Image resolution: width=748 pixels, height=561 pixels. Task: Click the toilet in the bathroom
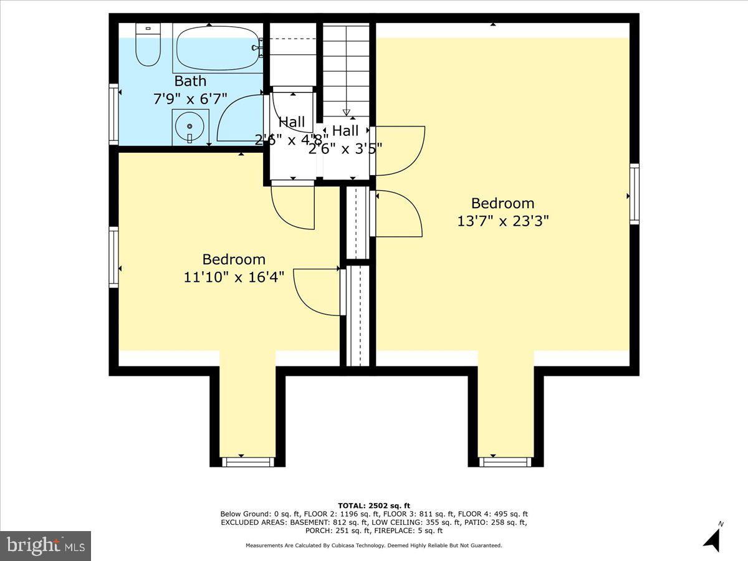148,46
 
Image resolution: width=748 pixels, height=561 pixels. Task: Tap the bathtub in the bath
217,48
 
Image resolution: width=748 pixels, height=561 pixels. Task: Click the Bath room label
190,81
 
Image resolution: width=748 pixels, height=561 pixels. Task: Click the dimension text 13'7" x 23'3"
503,221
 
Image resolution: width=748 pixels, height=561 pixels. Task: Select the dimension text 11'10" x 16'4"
234,277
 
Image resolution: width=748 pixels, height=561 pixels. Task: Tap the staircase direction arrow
347,112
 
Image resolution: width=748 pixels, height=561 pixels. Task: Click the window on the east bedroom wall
634,194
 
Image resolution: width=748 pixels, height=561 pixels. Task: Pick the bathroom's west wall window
114,115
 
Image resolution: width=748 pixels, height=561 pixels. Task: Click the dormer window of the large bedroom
506,461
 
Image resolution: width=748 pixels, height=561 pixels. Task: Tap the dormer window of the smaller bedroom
247,461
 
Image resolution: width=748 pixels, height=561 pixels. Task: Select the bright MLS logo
46,545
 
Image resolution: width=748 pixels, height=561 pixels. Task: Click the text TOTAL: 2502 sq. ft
374,506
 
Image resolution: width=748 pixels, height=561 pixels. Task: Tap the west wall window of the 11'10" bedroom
114,257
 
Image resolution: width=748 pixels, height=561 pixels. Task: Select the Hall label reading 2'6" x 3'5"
345,138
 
